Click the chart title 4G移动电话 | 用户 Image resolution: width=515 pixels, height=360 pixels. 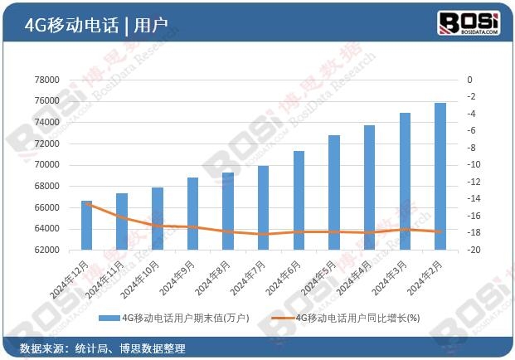[96, 24]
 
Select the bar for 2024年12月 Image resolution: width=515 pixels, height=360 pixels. [86, 225]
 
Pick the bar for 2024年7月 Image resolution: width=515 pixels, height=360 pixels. [263, 207]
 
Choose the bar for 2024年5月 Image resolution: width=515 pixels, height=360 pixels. [334, 192]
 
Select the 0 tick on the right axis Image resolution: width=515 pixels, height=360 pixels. [469, 80]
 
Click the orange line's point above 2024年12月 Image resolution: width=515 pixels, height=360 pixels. [86, 202]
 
